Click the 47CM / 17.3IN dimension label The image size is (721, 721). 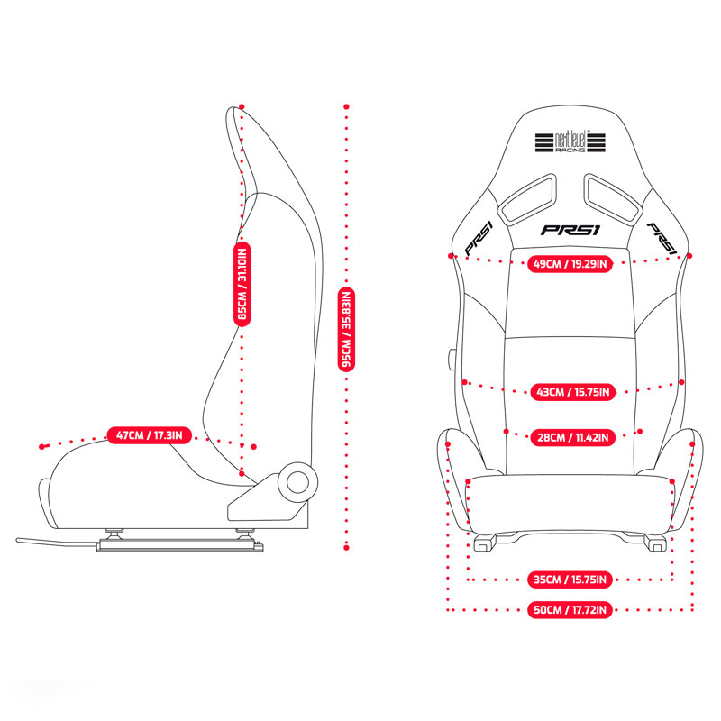point(150,435)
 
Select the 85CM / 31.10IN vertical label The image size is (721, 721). point(242,284)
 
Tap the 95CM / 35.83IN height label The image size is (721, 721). point(346,329)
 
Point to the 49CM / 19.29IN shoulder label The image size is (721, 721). point(570,264)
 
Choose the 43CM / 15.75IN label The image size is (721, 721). point(573,392)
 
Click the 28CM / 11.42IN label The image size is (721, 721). point(573,437)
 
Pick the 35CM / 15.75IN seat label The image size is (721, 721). point(570,580)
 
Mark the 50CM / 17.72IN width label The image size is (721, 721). point(570,610)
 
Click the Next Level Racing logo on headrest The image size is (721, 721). point(570,141)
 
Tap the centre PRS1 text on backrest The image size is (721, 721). point(570,230)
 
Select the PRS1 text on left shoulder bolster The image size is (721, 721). point(479,238)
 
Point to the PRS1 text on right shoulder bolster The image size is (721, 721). point(662,238)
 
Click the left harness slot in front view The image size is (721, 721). point(529,198)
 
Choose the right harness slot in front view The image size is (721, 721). point(613,198)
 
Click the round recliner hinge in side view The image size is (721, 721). point(297,482)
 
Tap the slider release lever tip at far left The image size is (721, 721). point(18,540)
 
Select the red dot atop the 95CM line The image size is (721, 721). point(346,106)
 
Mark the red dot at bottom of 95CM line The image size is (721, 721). point(346,548)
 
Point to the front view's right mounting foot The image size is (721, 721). point(655,543)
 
